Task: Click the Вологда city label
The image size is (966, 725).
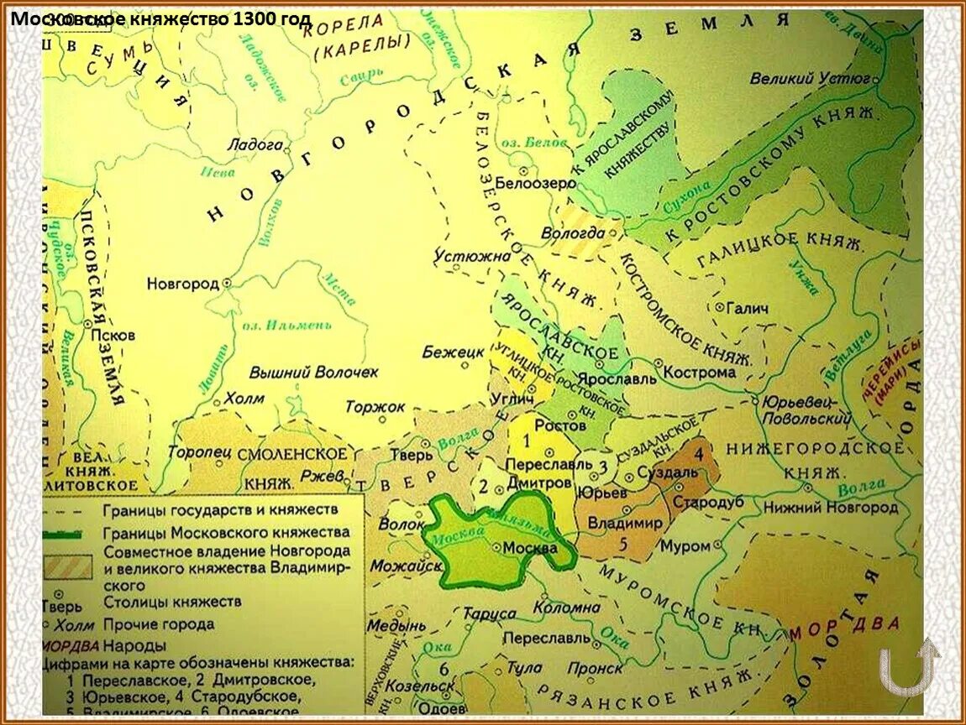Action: [x=579, y=233]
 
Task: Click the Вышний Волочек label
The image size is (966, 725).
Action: [x=313, y=371]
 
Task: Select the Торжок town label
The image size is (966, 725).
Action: [x=375, y=406]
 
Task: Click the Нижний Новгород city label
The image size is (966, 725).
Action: [x=830, y=508]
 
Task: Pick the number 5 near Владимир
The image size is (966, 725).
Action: [x=622, y=543]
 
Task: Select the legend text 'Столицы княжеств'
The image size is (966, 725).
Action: [x=172, y=602]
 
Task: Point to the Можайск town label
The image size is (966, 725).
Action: [x=397, y=566]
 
